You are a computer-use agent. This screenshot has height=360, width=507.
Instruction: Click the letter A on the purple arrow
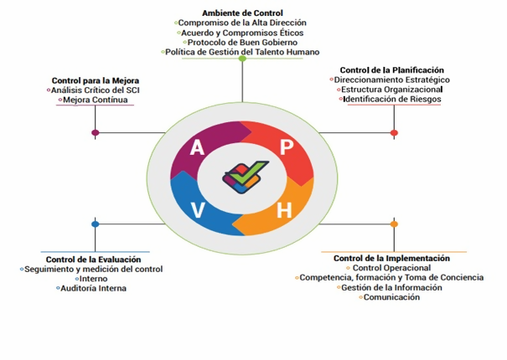[x=197, y=147]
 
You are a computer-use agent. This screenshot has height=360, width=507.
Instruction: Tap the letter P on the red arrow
[x=287, y=147]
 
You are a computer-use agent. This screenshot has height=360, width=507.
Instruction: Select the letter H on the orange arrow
[x=284, y=210]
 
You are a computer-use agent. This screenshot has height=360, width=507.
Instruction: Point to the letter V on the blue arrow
[x=198, y=210]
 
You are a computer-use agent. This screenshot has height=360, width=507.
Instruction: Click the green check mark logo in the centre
[x=246, y=177]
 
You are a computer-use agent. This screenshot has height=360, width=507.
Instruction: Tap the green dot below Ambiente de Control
[x=242, y=59]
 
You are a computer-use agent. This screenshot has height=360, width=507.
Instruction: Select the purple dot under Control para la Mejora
[x=95, y=132]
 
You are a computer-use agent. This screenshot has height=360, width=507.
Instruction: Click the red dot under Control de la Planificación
[x=394, y=132]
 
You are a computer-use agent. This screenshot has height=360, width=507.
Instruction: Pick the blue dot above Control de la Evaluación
[x=95, y=224]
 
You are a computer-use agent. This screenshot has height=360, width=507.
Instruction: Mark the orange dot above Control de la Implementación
[x=394, y=224]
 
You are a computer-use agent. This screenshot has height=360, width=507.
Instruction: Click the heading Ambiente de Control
[x=242, y=13]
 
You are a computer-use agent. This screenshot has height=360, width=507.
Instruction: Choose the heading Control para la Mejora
[x=96, y=80]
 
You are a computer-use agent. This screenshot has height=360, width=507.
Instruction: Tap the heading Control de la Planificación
[x=392, y=70]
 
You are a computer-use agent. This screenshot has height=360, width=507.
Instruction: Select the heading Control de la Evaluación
[x=94, y=260]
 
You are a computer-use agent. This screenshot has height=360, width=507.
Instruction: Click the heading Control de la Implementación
[x=391, y=258]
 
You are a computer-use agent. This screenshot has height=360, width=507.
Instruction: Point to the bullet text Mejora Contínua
[x=96, y=100]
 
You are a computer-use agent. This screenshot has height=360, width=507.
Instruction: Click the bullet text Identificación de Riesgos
[x=392, y=100]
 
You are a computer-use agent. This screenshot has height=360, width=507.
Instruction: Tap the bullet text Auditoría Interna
[x=94, y=288]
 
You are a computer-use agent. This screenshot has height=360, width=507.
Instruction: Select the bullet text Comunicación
[x=391, y=297]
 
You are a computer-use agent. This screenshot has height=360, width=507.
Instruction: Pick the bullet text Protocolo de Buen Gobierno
[x=242, y=43]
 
